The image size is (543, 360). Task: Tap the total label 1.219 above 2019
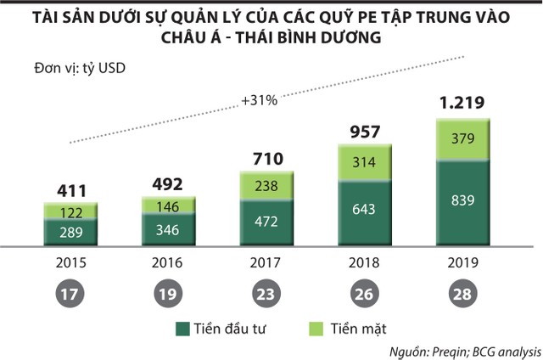click(462, 104)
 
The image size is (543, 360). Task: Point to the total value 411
click(71, 190)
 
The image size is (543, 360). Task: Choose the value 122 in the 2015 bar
click(71, 212)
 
